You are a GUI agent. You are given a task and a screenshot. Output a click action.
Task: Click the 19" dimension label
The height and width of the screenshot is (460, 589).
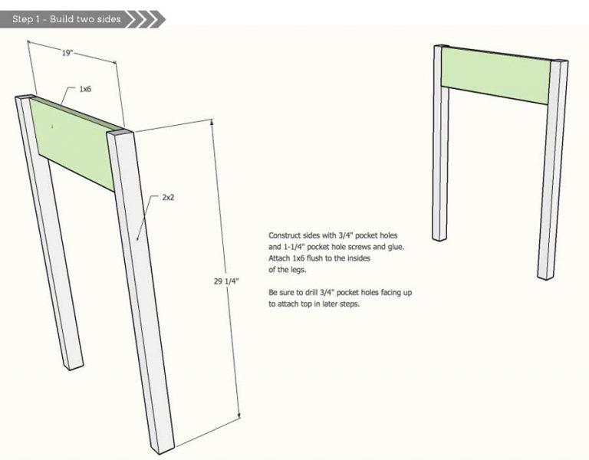(x=67, y=53)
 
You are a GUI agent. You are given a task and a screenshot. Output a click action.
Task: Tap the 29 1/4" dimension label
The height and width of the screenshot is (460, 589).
(x=226, y=281)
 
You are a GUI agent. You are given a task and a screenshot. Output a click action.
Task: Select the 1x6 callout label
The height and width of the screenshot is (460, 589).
(x=85, y=89)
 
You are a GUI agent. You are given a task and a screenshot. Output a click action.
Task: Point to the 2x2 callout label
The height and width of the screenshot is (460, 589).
(x=168, y=197)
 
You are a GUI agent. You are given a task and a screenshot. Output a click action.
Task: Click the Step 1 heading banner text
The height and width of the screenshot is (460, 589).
(x=67, y=19)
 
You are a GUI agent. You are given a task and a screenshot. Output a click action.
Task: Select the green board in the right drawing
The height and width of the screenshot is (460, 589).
(x=495, y=76)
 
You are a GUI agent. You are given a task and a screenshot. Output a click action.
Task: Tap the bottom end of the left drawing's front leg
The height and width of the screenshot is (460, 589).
(x=163, y=449)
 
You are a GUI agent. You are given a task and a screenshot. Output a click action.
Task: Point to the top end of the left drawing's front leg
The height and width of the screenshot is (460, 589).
(x=120, y=133)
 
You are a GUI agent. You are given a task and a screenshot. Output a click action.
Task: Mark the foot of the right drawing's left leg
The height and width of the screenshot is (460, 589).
(x=440, y=238)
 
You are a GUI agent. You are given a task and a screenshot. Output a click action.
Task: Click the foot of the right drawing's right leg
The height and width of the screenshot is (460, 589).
(x=546, y=276)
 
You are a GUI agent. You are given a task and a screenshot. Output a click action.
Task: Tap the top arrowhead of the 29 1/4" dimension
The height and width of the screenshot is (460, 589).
(x=212, y=121)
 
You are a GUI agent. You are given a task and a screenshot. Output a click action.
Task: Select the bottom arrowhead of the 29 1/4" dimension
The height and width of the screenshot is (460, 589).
(x=239, y=415)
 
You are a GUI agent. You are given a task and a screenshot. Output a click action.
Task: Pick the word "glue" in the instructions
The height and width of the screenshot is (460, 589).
(x=396, y=247)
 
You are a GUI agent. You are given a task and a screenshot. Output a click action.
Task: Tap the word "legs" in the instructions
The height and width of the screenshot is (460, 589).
(x=298, y=270)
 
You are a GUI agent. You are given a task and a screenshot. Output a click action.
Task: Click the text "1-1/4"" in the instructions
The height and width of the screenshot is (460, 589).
(x=294, y=247)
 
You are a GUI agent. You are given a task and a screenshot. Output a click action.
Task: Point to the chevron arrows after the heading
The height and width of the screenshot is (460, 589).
(x=146, y=19)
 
